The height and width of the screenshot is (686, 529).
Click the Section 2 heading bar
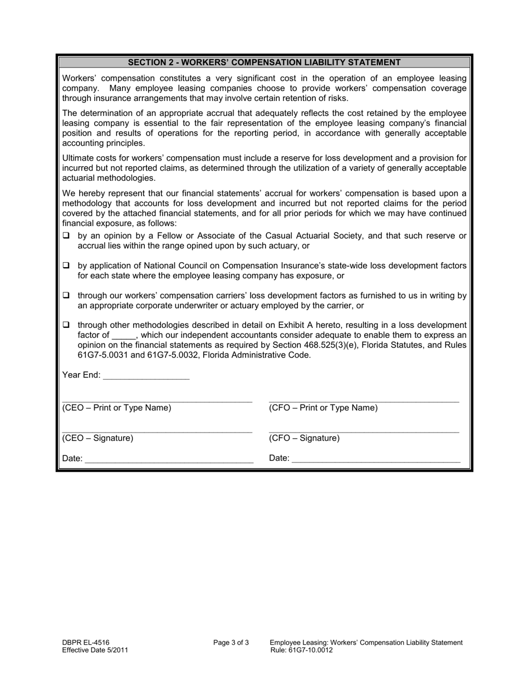(x=264, y=62)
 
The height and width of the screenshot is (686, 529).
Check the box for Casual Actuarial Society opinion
(x=66, y=236)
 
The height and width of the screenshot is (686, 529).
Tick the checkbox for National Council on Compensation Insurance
(x=66, y=265)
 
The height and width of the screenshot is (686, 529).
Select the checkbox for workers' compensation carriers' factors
(x=66, y=295)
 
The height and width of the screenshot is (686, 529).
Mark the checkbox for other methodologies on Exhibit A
(x=66, y=325)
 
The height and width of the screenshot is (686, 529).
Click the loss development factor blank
(x=123, y=336)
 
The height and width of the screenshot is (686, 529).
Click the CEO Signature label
(x=98, y=438)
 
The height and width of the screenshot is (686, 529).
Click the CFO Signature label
(x=304, y=438)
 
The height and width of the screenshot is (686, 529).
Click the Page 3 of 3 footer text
(x=231, y=642)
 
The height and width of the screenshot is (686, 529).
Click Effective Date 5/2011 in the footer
(x=95, y=650)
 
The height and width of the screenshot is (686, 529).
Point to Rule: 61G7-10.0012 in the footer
(x=302, y=650)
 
